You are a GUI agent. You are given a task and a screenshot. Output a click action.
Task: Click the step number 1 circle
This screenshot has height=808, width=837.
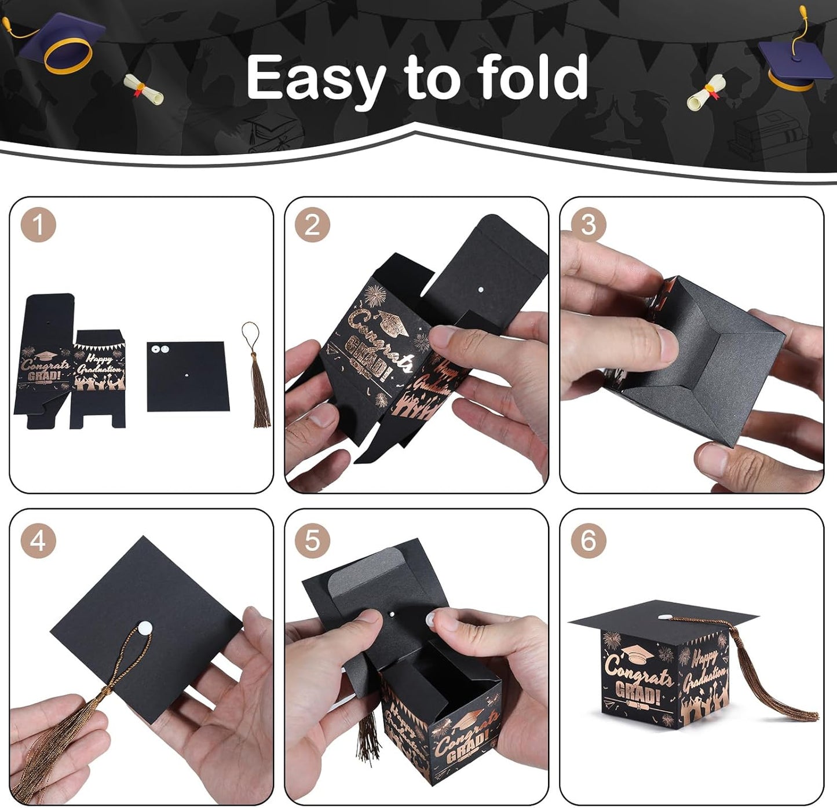coord(38,225)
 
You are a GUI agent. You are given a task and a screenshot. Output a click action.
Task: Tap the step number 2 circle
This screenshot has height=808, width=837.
coord(312,225)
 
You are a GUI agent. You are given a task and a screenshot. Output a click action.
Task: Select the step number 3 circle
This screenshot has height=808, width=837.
coord(588,225)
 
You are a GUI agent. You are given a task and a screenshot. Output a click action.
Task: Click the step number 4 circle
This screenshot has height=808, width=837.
coord(38,540)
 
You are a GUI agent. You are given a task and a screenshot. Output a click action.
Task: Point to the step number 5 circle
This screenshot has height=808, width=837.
coord(312,540)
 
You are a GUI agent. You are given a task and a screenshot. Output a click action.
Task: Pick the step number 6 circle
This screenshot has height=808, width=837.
coord(588,540)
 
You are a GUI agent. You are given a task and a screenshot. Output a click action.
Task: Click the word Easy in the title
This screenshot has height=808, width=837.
coord(316,78)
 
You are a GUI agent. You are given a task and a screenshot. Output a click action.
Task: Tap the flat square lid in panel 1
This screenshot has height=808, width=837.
coord(188,376)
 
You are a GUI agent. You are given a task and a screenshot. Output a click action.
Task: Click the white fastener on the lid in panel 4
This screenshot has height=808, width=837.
coord(142,626)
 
